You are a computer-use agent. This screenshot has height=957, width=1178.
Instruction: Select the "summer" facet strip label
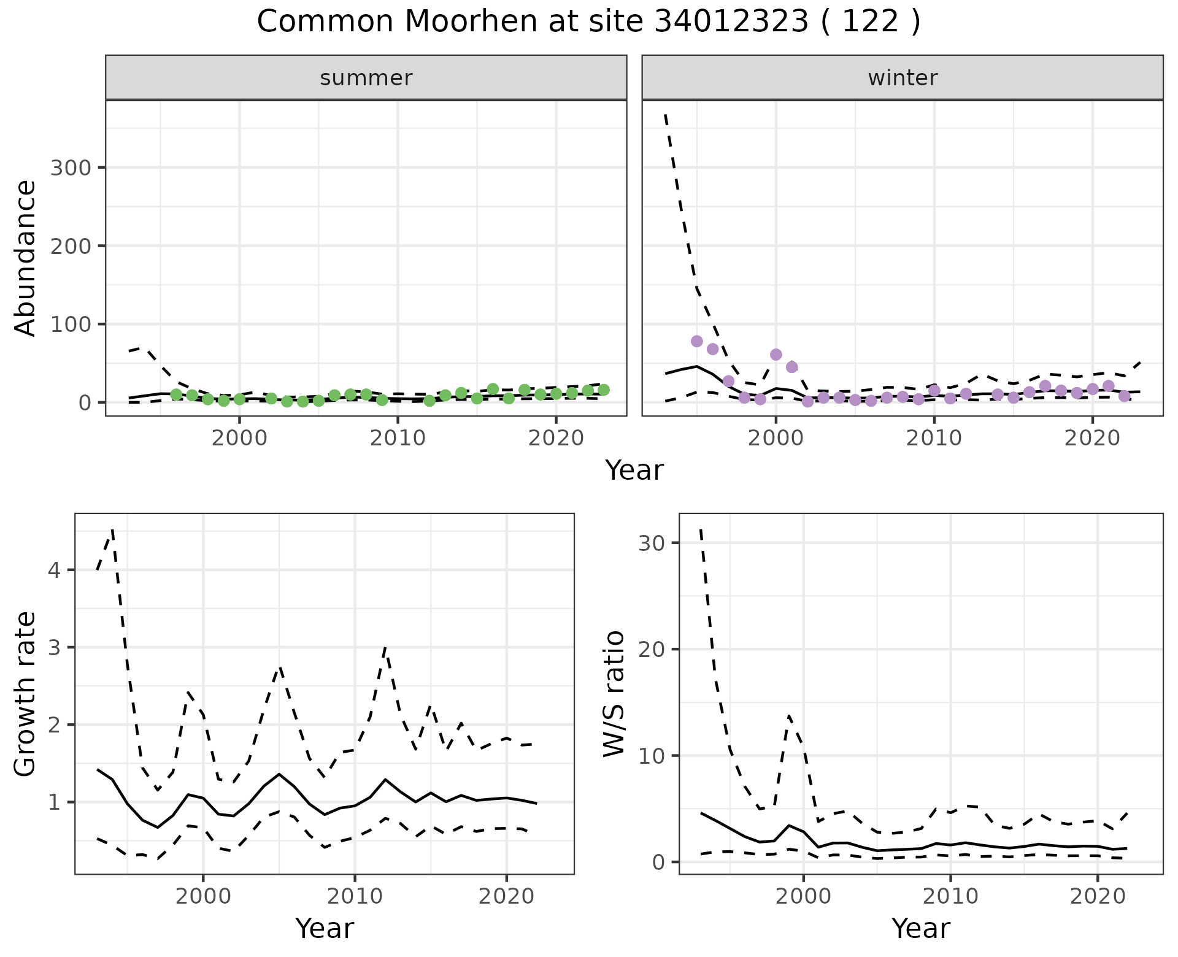click(x=366, y=78)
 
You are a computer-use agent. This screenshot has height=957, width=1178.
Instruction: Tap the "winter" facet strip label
click(x=903, y=78)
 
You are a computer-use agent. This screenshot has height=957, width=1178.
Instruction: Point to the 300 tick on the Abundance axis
click(x=70, y=167)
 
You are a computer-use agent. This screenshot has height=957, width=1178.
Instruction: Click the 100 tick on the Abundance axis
click(x=70, y=324)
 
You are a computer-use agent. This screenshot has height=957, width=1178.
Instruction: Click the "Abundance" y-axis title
click(x=26, y=258)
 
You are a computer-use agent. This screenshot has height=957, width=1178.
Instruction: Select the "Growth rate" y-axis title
click(x=26, y=694)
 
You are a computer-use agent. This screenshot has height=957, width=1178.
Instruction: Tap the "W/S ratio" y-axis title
click(x=614, y=694)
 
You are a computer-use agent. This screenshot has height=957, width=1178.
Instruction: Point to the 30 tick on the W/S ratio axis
click(x=652, y=543)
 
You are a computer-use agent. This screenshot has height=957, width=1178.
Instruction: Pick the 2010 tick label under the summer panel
click(x=398, y=438)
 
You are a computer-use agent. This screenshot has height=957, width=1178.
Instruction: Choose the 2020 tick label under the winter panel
click(x=1092, y=438)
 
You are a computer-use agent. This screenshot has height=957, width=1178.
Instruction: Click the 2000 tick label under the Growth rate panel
click(x=203, y=896)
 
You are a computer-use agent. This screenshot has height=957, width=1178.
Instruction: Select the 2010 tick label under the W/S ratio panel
click(x=950, y=896)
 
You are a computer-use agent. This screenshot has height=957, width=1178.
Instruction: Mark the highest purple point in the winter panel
click(x=697, y=341)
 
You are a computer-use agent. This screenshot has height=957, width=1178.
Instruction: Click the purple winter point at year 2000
click(x=776, y=355)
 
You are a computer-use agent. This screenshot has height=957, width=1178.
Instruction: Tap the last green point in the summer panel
click(x=604, y=390)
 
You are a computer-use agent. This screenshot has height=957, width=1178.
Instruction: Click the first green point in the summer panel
click(x=176, y=394)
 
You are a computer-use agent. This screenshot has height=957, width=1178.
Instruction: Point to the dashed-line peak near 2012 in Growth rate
click(x=385, y=648)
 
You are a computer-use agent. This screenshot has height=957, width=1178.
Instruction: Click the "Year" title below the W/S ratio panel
click(x=921, y=928)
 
